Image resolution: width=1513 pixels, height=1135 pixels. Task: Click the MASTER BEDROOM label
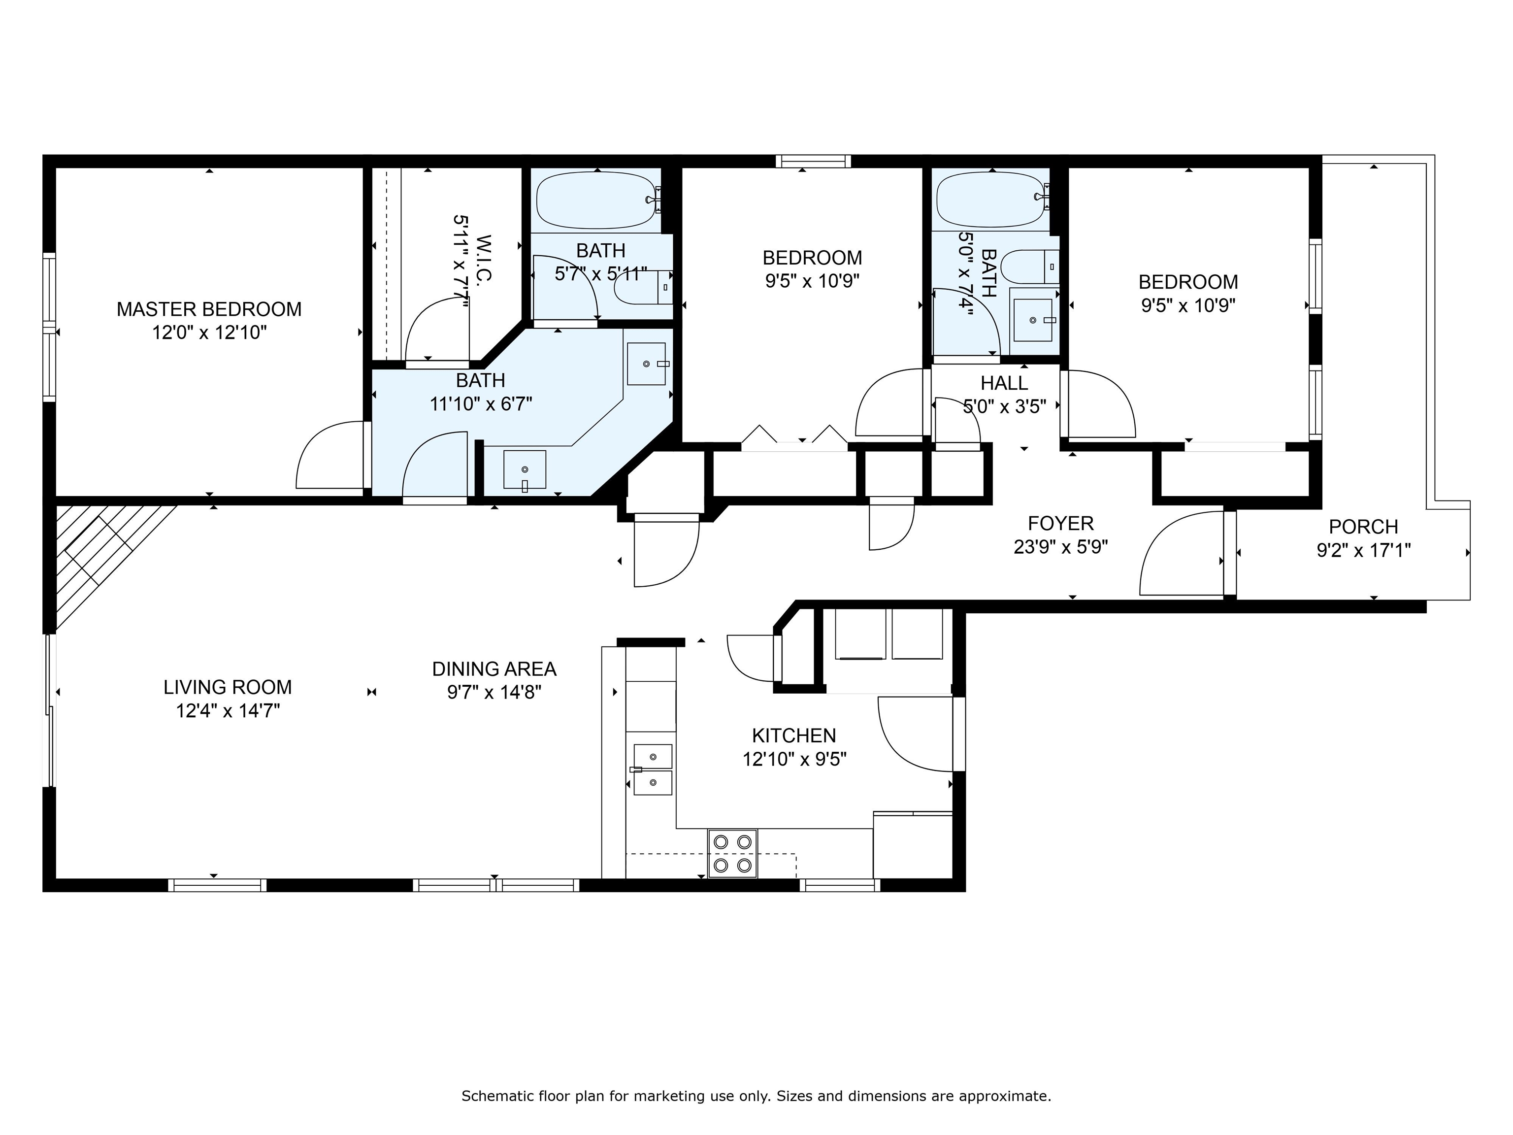coord(209,309)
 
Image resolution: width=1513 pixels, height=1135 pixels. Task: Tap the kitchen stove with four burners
coord(732,853)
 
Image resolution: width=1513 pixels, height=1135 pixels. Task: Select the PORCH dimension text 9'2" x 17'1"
coord(1363,550)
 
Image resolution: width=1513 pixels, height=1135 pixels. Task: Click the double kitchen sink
coord(653,769)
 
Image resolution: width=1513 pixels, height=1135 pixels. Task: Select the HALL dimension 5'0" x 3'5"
coord(1005,406)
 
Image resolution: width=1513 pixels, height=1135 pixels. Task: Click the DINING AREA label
coord(494,669)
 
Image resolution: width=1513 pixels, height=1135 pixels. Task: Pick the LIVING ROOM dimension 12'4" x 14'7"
coord(228,711)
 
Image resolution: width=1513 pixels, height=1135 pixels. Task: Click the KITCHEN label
coord(793,735)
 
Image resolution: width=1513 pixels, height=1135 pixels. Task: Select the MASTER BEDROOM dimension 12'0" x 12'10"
coord(209,333)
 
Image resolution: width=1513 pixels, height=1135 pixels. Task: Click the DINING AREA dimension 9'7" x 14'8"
coord(494,692)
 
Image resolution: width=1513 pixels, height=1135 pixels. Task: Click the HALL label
coord(1004,383)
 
